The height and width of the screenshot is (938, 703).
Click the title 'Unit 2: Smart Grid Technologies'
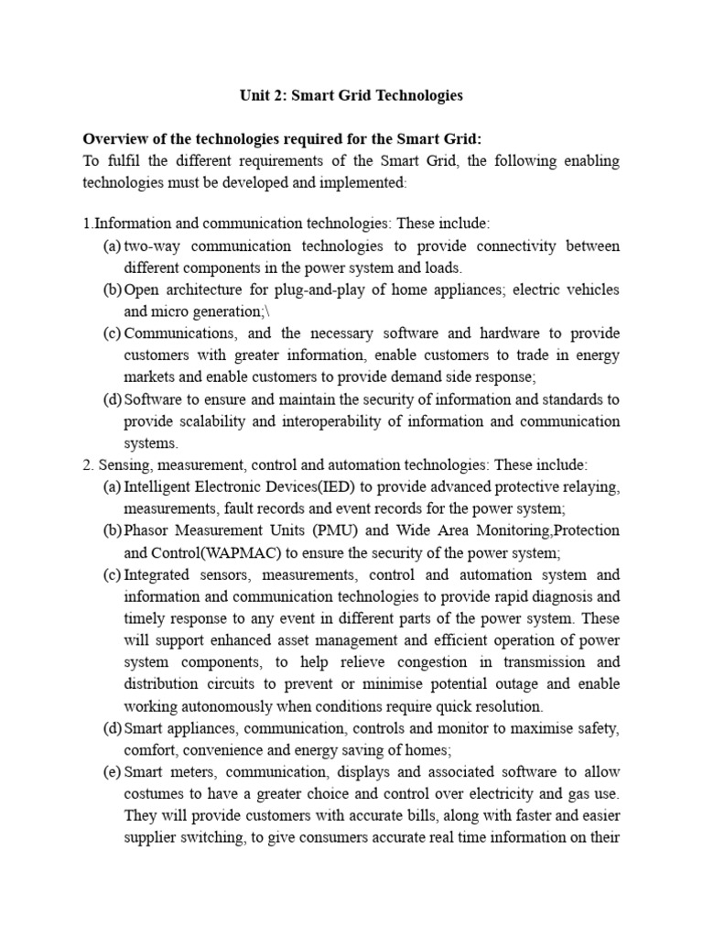point(351,95)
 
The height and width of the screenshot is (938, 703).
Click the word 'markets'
point(149,376)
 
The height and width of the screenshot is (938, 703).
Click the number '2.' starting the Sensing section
point(89,465)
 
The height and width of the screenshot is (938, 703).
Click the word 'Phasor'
point(147,531)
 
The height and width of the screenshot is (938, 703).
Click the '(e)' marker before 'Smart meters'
point(113,772)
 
